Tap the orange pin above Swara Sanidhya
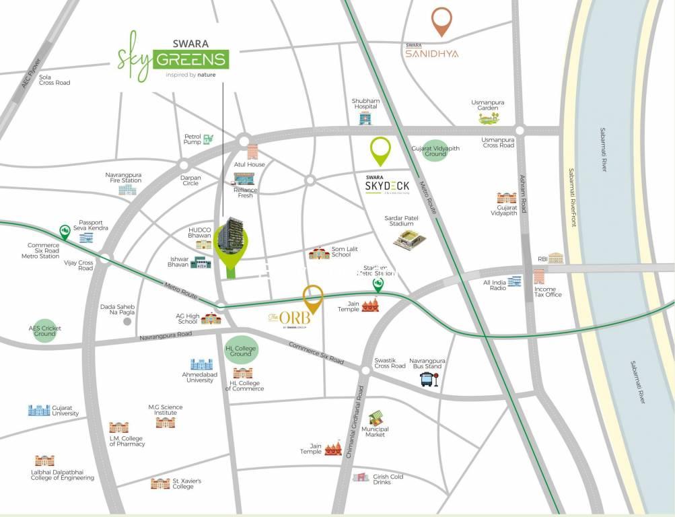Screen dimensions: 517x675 pos(441,20)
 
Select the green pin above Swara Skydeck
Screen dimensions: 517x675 pos(381,149)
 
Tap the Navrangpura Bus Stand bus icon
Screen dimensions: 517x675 pos(429,380)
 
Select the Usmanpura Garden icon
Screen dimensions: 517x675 pos(489,118)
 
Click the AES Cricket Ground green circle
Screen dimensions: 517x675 pos(45,331)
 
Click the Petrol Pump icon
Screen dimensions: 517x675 pos(209,139)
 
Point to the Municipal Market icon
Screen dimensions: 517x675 pos(376,417)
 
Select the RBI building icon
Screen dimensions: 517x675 pos(555,258)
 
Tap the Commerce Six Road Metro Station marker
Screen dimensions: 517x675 pos(65,232)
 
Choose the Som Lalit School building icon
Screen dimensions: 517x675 pos(318,253)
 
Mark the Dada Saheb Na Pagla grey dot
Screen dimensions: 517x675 pos(127,322)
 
